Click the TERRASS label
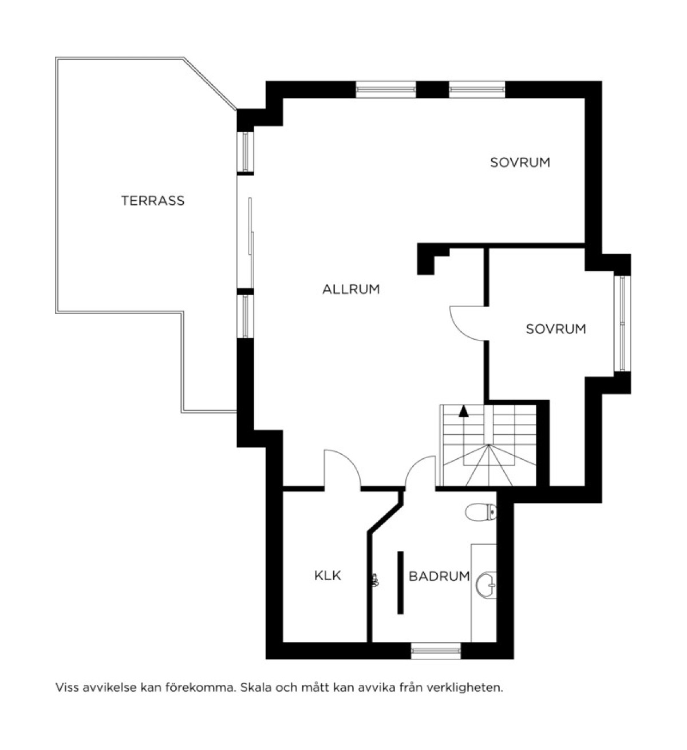[153, 201]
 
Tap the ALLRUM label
[351, 289]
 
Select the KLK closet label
[328, 576]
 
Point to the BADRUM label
[439, 576]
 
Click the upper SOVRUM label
[520, 162]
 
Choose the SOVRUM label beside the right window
[556, 329]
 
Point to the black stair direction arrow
[464, 411]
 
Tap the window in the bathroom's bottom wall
[436, 651]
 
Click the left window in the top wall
[385, 89]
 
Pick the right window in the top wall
[477, 89]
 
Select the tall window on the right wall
[622, 323]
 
